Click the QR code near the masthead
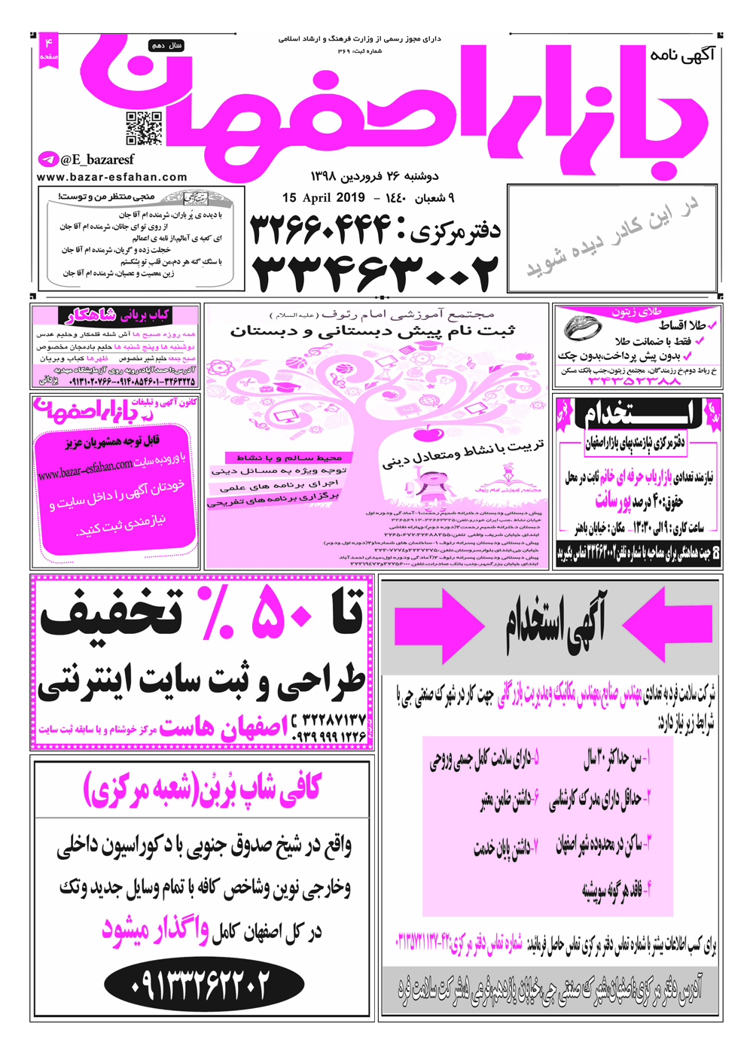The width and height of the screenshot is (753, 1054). (x=144, y=128)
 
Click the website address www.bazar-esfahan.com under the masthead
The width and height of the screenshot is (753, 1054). (x=111, y=178)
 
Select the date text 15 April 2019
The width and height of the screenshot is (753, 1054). (x=323, y=198)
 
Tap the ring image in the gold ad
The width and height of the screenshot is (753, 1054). (x=583, y=328)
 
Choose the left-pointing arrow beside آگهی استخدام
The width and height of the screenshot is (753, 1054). (x=667, y=624)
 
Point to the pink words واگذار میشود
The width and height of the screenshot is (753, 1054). (x=155, y=931)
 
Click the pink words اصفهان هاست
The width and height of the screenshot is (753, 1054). (x=223, y=729)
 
